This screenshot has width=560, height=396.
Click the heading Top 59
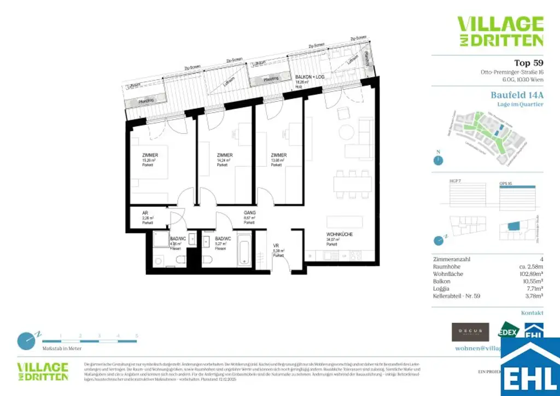(528, 62)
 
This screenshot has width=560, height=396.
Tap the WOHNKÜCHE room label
(339, 235)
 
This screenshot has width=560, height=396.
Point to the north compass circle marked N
(437, 160)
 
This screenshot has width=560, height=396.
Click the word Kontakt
(532, 313)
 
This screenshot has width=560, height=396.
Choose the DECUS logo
(470, 331)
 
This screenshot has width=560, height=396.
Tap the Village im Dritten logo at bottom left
(43, 371)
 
